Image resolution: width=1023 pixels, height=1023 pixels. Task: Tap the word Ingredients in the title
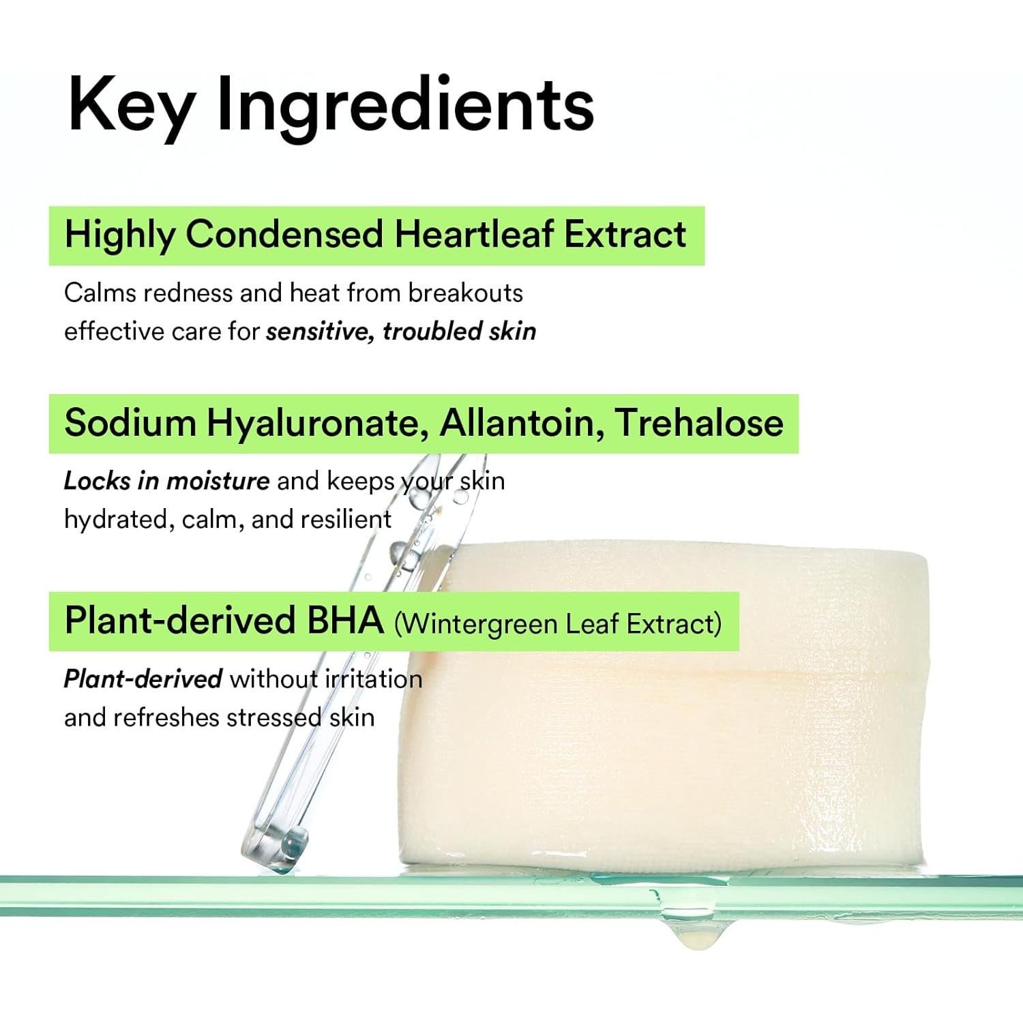click(405, 106)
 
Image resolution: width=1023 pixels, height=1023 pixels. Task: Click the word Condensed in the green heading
click(284, 234)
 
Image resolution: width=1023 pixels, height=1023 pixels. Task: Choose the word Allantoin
click(521, 423)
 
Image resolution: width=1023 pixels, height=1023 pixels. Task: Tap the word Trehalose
click(699, 423)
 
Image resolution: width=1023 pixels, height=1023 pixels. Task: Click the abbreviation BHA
click(344, 621)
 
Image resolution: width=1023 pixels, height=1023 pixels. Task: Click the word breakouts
click(466, 293)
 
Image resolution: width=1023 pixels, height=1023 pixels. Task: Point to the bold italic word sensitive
click(321, 331)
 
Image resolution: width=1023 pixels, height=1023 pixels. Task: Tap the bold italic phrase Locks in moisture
click(166, 481)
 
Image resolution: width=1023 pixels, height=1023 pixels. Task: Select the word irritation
click(374, 679)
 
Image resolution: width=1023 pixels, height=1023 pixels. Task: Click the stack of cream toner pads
click(664, 706)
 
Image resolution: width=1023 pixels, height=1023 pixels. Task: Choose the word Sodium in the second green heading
click(130, 423)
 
